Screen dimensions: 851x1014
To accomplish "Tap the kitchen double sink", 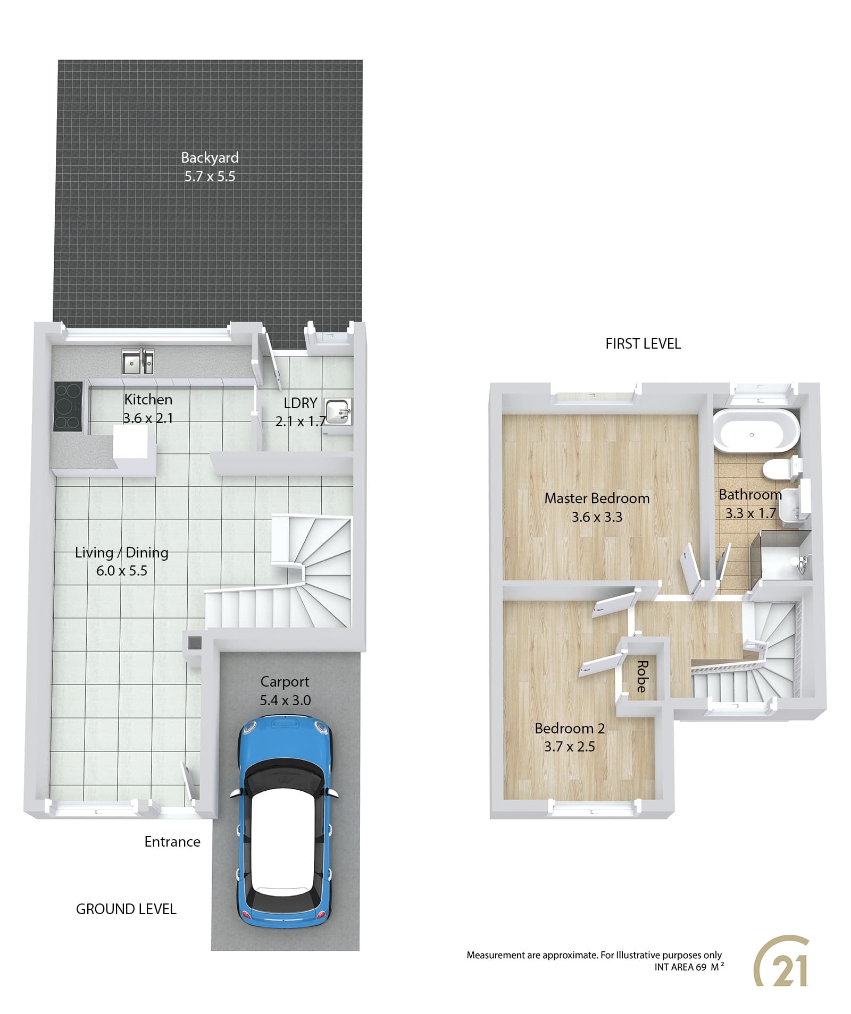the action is coord(138,361).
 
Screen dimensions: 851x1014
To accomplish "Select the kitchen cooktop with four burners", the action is coord(68,407).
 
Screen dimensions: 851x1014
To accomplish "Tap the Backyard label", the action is coord(210,158).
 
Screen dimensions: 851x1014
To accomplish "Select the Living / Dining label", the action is coord(122,553).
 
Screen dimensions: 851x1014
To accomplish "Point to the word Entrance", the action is coord(172,842).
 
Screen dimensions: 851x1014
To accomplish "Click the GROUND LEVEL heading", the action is coord(126,909).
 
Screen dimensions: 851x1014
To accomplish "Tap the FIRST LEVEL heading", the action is coord(643,344).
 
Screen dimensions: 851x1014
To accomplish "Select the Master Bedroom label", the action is coord(597,498).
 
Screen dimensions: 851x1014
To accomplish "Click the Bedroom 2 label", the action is coord(570,728).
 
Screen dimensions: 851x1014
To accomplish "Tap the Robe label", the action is coord(642,677).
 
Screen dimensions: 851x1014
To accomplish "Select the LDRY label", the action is coord(301,403).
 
